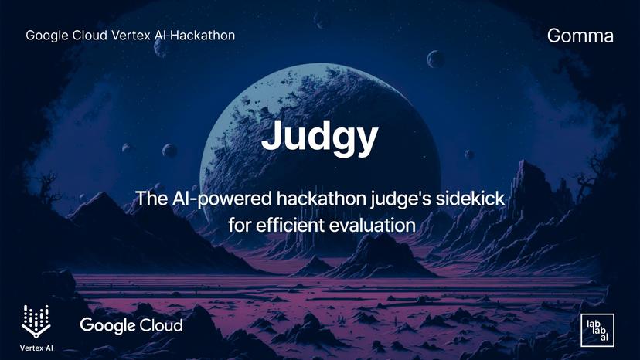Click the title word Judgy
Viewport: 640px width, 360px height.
(x=319, y=137)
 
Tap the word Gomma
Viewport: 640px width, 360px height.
(x=580, y=36)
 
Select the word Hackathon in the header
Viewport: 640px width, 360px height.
(x=202, y=36)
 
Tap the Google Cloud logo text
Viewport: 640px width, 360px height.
(x=131, y=325)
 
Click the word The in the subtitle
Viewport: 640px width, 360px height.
(x=151, y=199)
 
